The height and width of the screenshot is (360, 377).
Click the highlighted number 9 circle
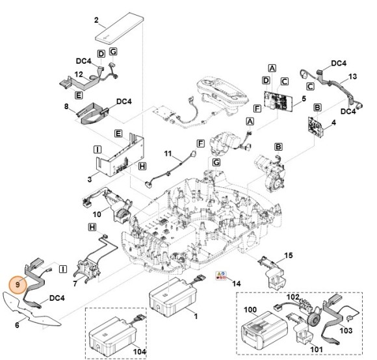18,283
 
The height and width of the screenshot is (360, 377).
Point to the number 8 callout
66,106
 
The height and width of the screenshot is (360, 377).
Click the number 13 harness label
353,77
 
